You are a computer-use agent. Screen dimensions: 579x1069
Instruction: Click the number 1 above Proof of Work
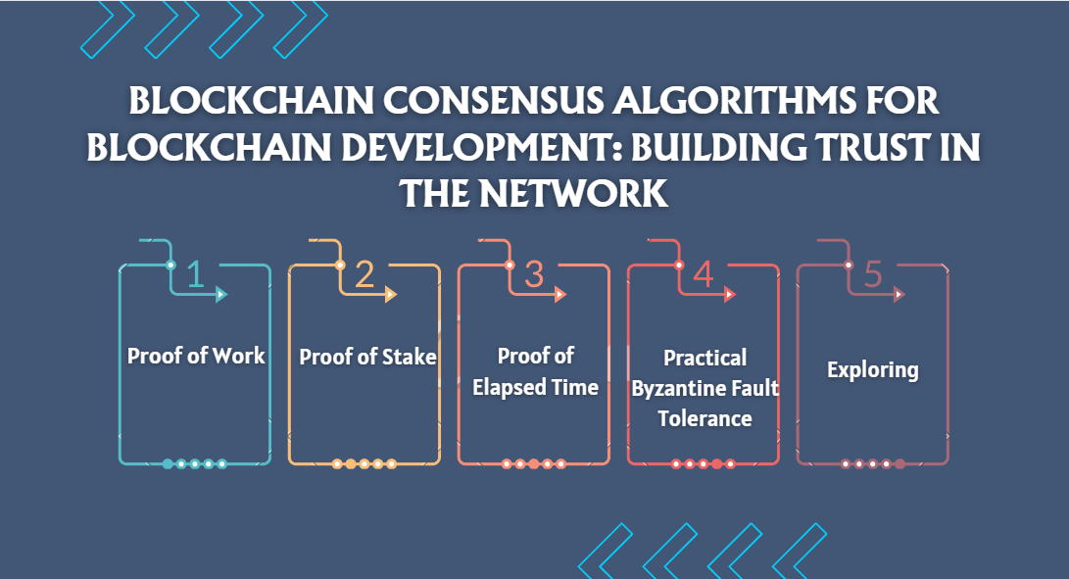click(195, 275)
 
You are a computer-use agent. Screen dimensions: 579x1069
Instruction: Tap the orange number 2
click(364, 275)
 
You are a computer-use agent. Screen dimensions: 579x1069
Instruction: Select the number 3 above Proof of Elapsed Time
click(534, 275)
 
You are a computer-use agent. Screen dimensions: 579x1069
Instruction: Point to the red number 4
click(703, 275)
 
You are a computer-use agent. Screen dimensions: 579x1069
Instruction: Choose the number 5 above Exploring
click(873, 275)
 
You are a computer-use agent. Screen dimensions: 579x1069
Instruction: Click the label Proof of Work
click(196, 355)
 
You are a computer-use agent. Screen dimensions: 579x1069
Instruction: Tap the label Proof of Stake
click(367, 357)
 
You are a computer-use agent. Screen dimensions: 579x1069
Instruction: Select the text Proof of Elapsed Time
click(535, 371)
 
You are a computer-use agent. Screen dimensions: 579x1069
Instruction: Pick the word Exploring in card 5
click(873, 370)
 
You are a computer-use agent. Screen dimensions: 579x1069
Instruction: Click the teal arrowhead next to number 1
click(221, 294)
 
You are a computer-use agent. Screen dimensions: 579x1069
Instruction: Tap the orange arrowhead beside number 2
click(391, 294)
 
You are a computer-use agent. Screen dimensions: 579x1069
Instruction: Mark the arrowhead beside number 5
click(899, 294)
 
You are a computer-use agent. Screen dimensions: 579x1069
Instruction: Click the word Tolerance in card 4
click(705, 418)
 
